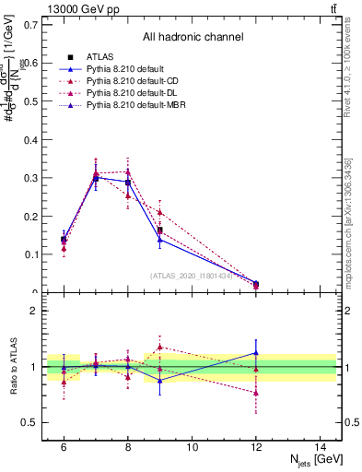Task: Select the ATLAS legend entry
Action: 101,58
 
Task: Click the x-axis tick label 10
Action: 192,446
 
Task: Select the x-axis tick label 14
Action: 321,446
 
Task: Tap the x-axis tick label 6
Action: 64,446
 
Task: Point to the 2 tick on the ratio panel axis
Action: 35,311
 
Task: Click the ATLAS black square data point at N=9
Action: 159,230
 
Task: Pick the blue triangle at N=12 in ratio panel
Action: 256,353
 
